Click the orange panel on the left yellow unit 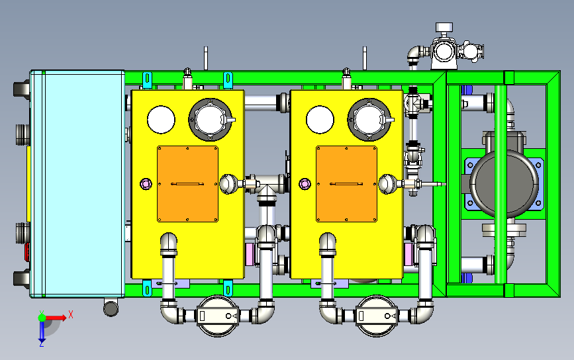188,184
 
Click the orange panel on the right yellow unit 347,184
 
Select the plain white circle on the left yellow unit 161,120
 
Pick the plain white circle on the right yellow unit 320,120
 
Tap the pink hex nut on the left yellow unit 146,184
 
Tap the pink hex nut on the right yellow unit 305,184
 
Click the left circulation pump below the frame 217,316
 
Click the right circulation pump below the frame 377,316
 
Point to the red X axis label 71,314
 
